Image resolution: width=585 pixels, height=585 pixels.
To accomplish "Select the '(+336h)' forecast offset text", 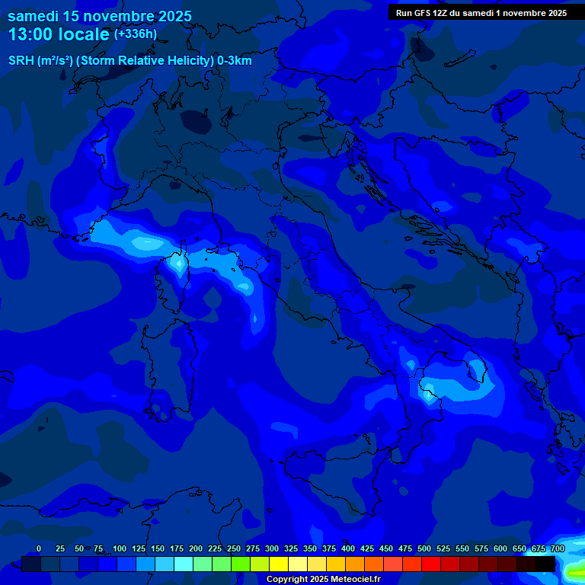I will click(135, 34).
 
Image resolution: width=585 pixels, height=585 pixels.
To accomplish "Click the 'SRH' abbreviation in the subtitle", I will click(21, 61).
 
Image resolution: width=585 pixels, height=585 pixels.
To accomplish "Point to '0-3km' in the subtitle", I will click(234, 61).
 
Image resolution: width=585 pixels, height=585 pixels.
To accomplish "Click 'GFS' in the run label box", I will click(422, 13).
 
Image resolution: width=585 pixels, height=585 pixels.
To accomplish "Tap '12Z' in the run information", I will click(443, 13).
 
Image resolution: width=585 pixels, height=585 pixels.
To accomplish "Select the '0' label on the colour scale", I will click(39, 548).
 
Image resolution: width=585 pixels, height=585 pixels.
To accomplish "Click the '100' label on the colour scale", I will click(120, 548).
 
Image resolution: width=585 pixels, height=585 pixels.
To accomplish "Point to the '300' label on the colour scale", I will click(272, 548).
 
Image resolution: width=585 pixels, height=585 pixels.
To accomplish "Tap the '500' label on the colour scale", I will click(424, 548).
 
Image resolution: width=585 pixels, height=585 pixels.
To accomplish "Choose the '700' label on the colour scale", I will click(558, 548).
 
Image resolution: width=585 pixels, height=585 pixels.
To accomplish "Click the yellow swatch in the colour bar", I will click(279, 564).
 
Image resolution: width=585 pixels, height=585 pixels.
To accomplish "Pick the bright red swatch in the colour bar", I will click(431, 564).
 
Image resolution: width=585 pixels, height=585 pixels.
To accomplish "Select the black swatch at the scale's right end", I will click(545, 564).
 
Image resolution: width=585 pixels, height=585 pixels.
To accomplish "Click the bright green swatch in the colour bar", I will click(241, 564).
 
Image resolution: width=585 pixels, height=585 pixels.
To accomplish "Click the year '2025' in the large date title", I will click(171, 16).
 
